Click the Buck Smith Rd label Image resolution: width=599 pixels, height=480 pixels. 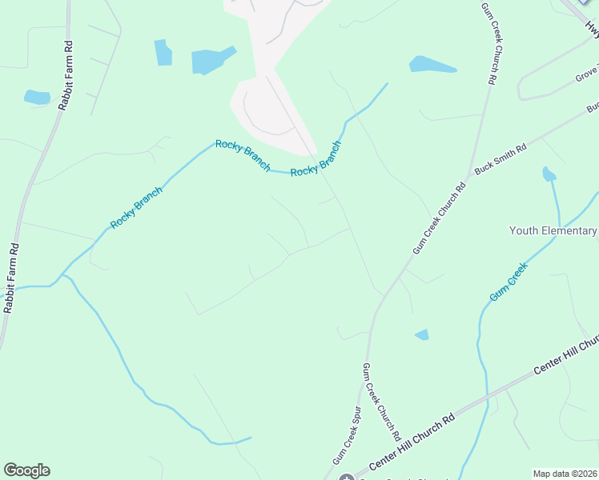(501, 159)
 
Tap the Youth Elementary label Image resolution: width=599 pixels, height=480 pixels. (553, 231)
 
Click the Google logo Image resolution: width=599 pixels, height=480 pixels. (26, 470)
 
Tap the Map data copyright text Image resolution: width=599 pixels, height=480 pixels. (565, 474)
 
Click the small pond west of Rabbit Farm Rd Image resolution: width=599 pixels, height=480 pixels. (36, 98)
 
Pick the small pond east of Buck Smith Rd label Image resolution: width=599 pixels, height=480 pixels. (549, 174)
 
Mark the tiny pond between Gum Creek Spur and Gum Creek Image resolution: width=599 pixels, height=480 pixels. (422, 334)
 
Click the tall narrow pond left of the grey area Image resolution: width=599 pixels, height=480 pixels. (163, 52)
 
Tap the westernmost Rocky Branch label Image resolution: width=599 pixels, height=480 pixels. (136, 208)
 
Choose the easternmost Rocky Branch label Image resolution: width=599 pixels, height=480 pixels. (316, 159)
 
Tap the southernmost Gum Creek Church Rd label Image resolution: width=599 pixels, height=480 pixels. (380, 402)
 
